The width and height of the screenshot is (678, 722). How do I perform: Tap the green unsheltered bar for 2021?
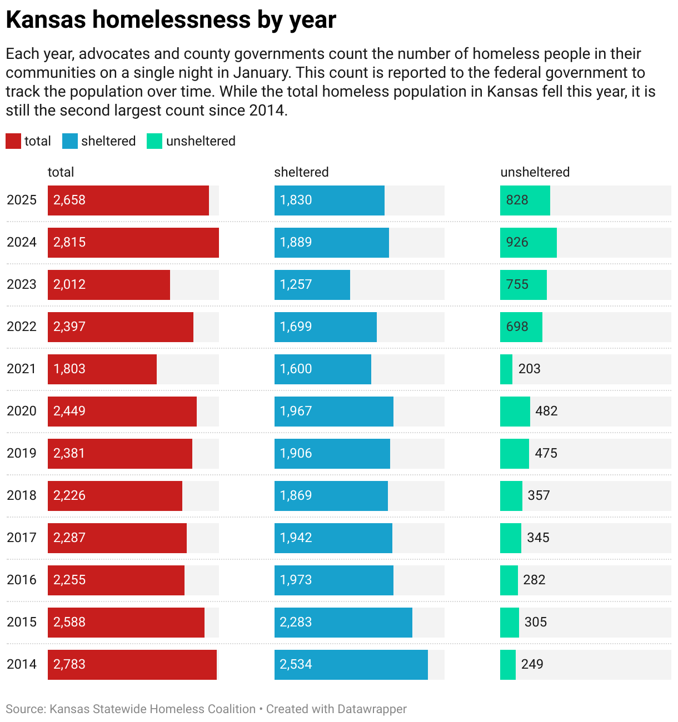(506, 369)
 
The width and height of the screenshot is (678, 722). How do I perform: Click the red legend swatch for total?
(13, 141)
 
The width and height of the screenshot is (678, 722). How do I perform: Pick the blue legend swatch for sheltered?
(70, 141)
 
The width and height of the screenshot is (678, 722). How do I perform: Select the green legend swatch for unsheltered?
(154, 141)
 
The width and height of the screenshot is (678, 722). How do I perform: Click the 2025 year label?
(22, 200)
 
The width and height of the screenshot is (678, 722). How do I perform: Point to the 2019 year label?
(22, 453)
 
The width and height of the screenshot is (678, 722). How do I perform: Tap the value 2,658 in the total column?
(69, 200)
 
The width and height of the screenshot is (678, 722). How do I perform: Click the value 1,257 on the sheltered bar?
(296, 284)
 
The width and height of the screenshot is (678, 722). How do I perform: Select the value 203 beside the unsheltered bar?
(529, 369)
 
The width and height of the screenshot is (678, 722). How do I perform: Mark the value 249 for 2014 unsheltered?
(532, 664)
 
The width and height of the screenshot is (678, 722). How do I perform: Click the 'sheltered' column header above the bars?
(301, 172)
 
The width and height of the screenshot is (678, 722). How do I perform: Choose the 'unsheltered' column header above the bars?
(535, 172)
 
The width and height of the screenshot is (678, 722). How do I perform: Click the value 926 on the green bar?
(517, 242)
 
